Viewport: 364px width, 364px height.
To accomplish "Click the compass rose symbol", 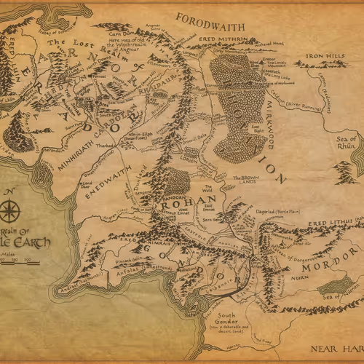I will point(11,212).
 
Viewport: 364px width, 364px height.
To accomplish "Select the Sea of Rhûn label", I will point(344,143).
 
